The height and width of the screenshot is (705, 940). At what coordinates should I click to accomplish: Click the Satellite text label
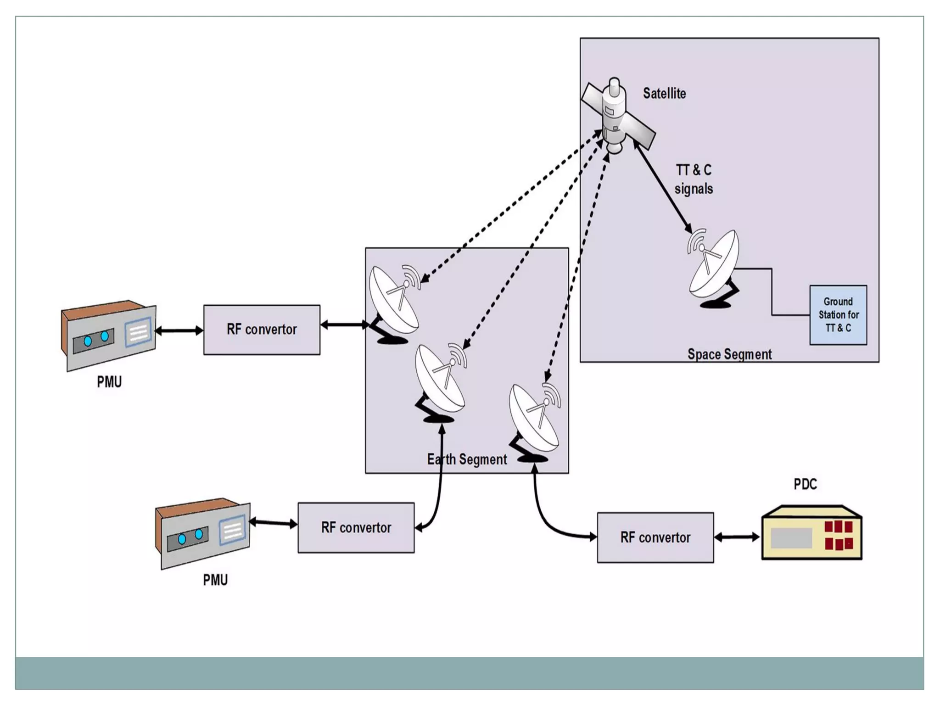coord(664,94)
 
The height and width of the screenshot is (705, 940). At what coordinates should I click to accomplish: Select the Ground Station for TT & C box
coord(838,315)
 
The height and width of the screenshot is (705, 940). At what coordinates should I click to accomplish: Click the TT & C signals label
coord(694,179)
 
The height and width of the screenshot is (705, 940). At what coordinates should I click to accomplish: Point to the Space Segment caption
coord(729,354)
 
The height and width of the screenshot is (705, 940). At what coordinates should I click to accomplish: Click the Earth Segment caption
coord(467,459)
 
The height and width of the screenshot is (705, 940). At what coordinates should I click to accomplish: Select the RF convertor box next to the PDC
coord(655,537)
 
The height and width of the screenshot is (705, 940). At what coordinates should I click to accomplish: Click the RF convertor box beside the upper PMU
coord(262,330)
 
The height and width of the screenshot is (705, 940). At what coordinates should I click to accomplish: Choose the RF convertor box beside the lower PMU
coord(356,528)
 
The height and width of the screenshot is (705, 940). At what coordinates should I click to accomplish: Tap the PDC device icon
coord(811,533)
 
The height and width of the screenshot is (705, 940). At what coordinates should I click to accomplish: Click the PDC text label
coord(805,484)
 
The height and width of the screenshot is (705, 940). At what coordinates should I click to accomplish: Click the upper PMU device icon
coord(109,336)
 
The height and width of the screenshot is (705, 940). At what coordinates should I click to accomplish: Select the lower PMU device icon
coord(203,534)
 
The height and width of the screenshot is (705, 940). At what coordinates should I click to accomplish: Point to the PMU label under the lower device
coord(215,580)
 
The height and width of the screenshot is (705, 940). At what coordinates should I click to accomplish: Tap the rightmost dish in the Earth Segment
coord(535,420)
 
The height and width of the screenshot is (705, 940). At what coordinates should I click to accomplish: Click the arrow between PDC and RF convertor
coord(737,537)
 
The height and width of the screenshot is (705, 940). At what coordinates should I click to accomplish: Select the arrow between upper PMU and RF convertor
coord(179,330)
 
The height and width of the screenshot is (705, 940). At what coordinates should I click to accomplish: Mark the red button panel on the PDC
coord(838,535)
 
